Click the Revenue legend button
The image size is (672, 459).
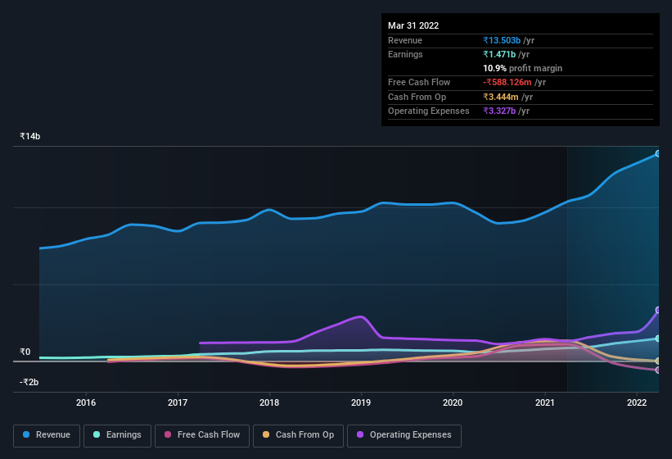point(47,435)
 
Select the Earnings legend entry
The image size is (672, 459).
point(118,435)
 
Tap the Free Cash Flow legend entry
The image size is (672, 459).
point(202,435)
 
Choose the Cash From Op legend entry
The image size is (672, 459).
point(298,435)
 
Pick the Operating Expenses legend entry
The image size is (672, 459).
point(404,435)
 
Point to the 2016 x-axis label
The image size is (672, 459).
point(86,402)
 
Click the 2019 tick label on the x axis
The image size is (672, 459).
point(361,402)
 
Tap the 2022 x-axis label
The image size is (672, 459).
point(637,402)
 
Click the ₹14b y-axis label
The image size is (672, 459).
point(30,136)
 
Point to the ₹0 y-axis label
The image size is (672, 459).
point(25,352)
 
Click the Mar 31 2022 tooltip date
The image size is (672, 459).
point(413,25)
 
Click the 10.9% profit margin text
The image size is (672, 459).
point(522,68)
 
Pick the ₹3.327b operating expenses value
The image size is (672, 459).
point(500,111)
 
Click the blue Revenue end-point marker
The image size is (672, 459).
point(658,153)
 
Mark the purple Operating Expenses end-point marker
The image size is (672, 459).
point(658,310)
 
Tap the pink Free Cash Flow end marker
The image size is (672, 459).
point(658,370)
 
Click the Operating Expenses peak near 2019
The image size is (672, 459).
point(359,316)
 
